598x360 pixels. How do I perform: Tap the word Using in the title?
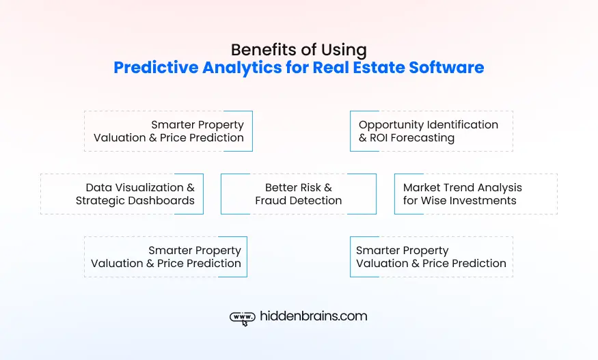tap(344, 51)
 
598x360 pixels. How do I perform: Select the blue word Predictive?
tap(156, 68)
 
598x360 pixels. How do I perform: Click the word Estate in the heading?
tap(379, 68)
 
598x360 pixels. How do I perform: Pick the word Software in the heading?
tap(446, 68)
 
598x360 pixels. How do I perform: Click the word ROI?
tap(379, 138)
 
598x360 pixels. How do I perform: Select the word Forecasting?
tap(422, 139)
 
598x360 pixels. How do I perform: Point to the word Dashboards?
tap(163, 201)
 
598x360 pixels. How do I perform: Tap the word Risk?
tap(310, 188)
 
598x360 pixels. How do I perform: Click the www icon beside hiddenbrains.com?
tap(243, 317)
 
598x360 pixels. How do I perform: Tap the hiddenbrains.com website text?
tap(314, 316)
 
